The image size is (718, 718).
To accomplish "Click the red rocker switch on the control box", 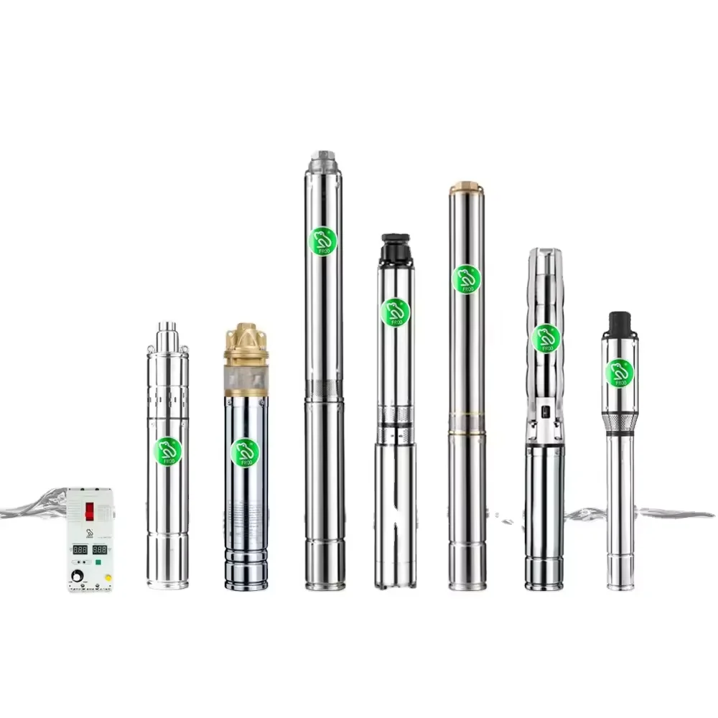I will click(90, 510).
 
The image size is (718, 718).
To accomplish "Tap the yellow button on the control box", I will click(107, 577).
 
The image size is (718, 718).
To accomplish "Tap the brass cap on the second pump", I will click(246, 342).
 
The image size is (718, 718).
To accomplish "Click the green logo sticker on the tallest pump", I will click(322, 240).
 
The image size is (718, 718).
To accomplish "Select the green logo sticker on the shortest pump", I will click(168, 451).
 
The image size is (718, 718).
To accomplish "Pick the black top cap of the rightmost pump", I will click(619, 323).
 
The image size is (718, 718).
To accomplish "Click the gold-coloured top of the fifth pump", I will click(466, 187).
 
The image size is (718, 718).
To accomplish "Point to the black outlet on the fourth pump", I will click(395, 247).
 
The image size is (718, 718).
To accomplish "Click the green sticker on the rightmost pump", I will click(619, 372).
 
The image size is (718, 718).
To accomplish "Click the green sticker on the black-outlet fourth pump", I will click(395, 312).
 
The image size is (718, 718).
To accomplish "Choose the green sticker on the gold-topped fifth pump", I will click(466, 279).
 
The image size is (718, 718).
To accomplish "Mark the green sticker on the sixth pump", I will click(546, 338).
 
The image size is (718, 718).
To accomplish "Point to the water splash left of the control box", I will click(32, 503).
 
